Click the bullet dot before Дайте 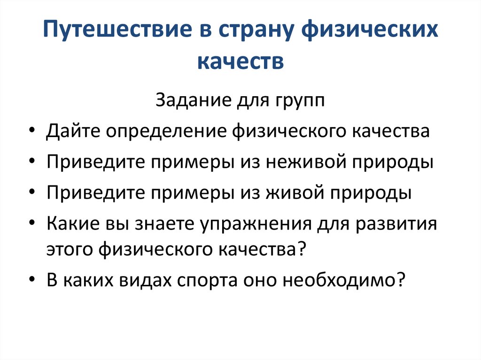pos(31,131)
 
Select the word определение pos(167,131)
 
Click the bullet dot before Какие pos(31,224)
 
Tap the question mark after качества pos(302,249)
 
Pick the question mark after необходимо pos(401,279)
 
